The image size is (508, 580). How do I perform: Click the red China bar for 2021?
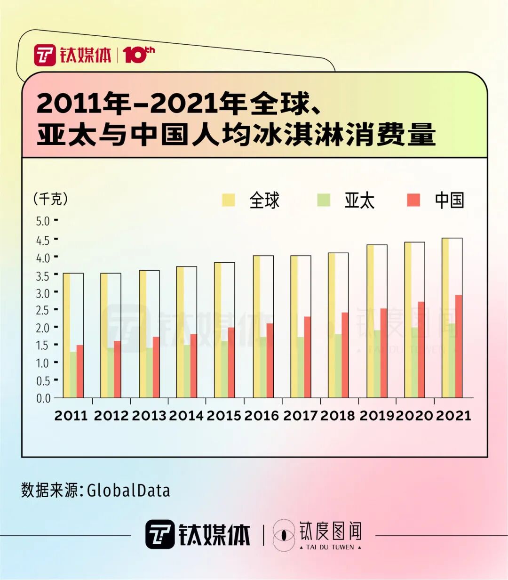(458, 346)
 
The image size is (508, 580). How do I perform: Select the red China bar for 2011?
(80, 371)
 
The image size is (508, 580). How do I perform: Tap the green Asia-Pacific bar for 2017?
(301, 367)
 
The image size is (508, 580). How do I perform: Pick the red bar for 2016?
(270, 360)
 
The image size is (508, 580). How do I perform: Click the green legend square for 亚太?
(324, 200)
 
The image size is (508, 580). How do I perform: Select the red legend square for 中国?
(413, 200)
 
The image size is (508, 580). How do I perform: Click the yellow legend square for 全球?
(229, 200)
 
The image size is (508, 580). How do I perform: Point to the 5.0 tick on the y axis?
(43, 221)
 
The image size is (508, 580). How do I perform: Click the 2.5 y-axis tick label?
(43, 310)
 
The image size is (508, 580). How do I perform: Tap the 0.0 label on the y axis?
(43, 398)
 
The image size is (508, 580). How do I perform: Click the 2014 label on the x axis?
(186, 416)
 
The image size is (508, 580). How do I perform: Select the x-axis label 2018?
(338, 416)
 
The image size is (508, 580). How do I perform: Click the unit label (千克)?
(51, 199)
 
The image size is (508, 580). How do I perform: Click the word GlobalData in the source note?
(128, 491)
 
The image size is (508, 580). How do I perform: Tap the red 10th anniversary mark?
(138, 55)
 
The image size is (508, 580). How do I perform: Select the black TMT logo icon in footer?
(160, 534)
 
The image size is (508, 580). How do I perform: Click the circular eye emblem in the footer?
(284, 535)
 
